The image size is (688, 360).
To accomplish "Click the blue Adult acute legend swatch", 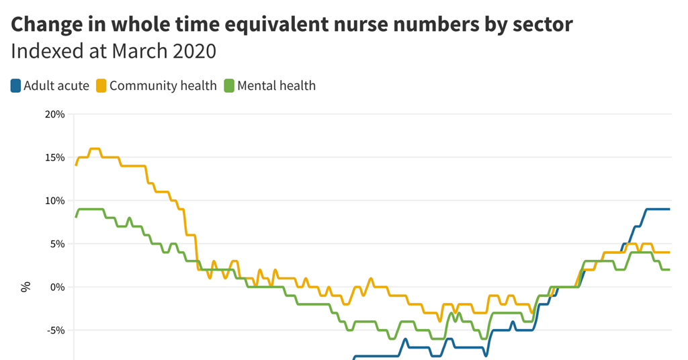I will tap(15, 86).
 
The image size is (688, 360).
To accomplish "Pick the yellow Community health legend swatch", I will tap(101, 86).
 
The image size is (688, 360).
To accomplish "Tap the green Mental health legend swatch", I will tap(229, 86).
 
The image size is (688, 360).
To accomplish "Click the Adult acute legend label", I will tap(56, 86).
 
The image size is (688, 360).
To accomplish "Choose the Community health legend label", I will tap(163, 86).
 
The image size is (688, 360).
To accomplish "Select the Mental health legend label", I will tap(276, 86).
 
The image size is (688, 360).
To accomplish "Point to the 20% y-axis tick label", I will tap(54, 114).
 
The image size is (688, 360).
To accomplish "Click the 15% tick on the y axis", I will tap(54, 158).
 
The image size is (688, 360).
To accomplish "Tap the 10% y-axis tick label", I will tap(54, 201).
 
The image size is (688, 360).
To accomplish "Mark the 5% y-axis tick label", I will tap(57, 244).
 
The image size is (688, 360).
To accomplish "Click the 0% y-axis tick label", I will tap(57, 287).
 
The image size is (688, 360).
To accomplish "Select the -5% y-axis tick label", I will tap(56, 330).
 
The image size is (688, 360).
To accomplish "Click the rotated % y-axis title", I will tap(26, 287).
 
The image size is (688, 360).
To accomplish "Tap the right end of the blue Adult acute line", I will tap(669, 210).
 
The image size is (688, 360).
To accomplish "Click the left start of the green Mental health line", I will tap(76, 217).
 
